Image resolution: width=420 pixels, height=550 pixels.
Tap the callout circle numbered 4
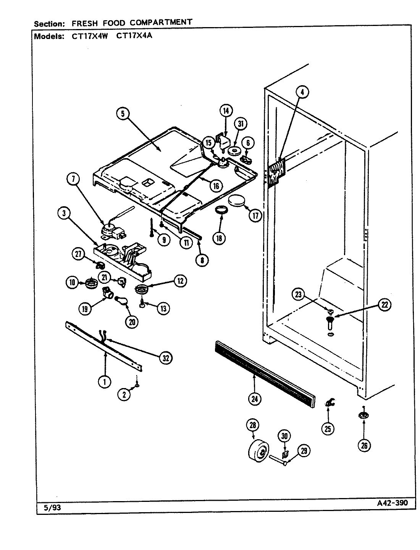point(302,92)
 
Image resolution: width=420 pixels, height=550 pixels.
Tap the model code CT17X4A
point(134,37)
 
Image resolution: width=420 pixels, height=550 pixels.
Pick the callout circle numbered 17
point(255,215)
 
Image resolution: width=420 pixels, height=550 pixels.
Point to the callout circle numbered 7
point(73,179)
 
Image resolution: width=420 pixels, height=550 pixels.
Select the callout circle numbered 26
point(364,445)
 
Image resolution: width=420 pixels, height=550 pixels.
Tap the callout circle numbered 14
point(226,111)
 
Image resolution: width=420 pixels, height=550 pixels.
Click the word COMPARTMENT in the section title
point(161,22)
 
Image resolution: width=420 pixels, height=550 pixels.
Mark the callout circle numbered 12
point(180,281)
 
